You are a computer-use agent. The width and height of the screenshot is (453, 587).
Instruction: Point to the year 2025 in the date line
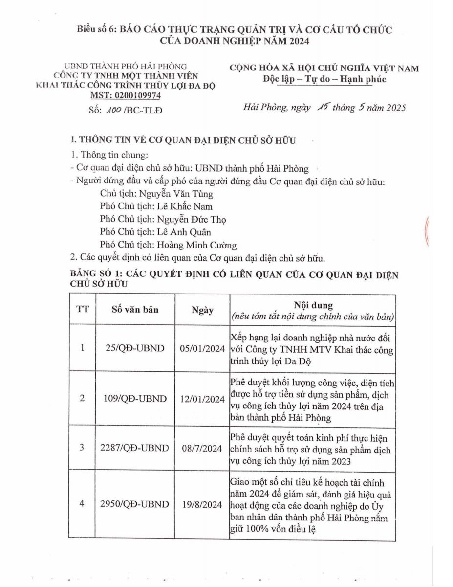click(x=392, y=108)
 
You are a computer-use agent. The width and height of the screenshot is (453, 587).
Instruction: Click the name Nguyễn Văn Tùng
click(x=182, y=194)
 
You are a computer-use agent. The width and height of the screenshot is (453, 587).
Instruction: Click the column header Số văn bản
click(x=135, y=310)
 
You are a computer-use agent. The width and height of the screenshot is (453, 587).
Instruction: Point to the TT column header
click(x=83, y=310)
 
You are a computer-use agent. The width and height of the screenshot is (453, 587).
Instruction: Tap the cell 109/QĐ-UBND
click(x=135, y=399)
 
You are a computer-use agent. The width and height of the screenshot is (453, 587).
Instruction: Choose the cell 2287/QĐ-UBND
click(x=135, y=448)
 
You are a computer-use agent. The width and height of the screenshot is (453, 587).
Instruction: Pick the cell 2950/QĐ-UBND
click(x=135, y=504)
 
